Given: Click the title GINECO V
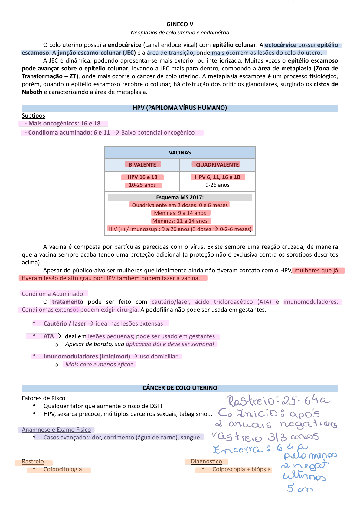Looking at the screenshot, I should (x=180, y=24).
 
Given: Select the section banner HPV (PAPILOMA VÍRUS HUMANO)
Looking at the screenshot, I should (x=180, y=108).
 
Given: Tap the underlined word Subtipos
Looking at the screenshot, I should (x=33, y=116).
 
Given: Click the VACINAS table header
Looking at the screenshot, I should (x=180, y=153).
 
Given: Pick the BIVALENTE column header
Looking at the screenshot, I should (x=142, y=165).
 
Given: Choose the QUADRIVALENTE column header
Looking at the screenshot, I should (x=217, y=165).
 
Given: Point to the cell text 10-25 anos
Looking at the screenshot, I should (x=142, y=185).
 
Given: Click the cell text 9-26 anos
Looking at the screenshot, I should (x=217, y=185).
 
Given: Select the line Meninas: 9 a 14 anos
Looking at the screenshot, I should (x=180, y=213).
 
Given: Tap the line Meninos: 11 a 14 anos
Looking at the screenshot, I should (x=180, y=221).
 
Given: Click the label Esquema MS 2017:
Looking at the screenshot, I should (x=180, y=197).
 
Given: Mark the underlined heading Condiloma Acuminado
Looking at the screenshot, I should (x=52, y=294).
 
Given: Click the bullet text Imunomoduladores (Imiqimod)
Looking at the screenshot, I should (x=87, y=357).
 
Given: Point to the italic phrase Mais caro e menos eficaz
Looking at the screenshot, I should (x=99, y=365).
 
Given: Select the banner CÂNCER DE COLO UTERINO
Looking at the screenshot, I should (x=180, y=388).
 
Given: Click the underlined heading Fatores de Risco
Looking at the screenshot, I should (x=44, y=398).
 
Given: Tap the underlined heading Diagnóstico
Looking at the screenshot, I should (x=206, y=462).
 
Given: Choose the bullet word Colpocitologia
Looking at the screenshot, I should (x=63, y=469).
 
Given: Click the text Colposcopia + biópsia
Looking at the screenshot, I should (x=241, y=469).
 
